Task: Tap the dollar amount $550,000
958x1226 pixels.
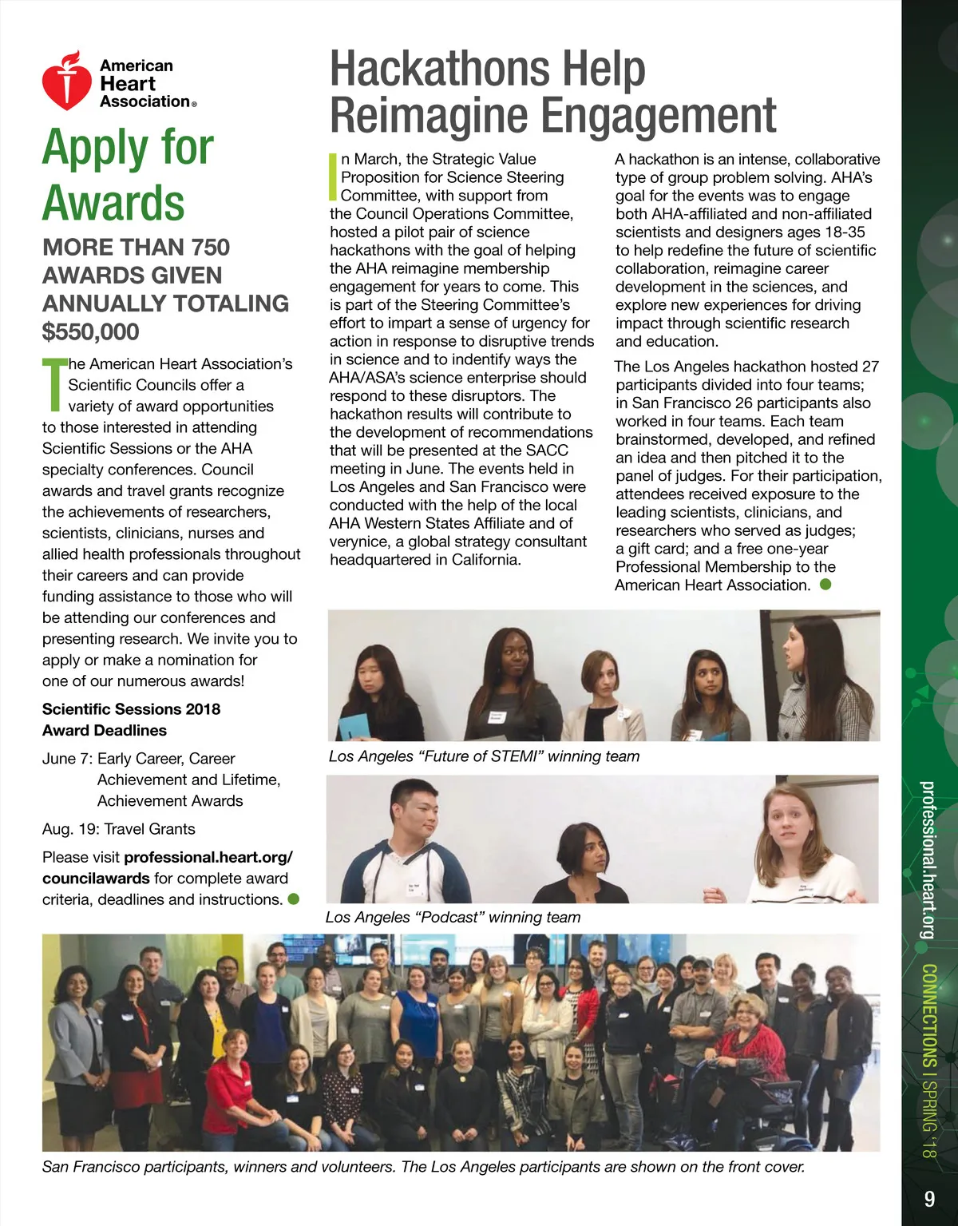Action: tap(91, 331)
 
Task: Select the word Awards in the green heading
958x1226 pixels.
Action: tap(113, 203)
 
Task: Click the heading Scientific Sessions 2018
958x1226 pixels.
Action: tap(131, 709)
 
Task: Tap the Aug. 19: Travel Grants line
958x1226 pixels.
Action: tap(119, 829)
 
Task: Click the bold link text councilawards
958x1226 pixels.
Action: tap(96, 879)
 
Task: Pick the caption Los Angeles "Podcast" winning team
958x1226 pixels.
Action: tap(453, 918)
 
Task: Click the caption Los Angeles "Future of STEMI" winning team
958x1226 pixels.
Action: tap(484, 756)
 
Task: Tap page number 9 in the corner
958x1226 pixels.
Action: tap(929, 1199)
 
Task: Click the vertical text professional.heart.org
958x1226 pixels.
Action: tap(928, 859)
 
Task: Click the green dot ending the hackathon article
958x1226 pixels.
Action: tap(825, 585)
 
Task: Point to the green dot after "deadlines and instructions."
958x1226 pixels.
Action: tap(293, 899)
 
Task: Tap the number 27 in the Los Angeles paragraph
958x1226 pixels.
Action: tap(870, 367)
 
